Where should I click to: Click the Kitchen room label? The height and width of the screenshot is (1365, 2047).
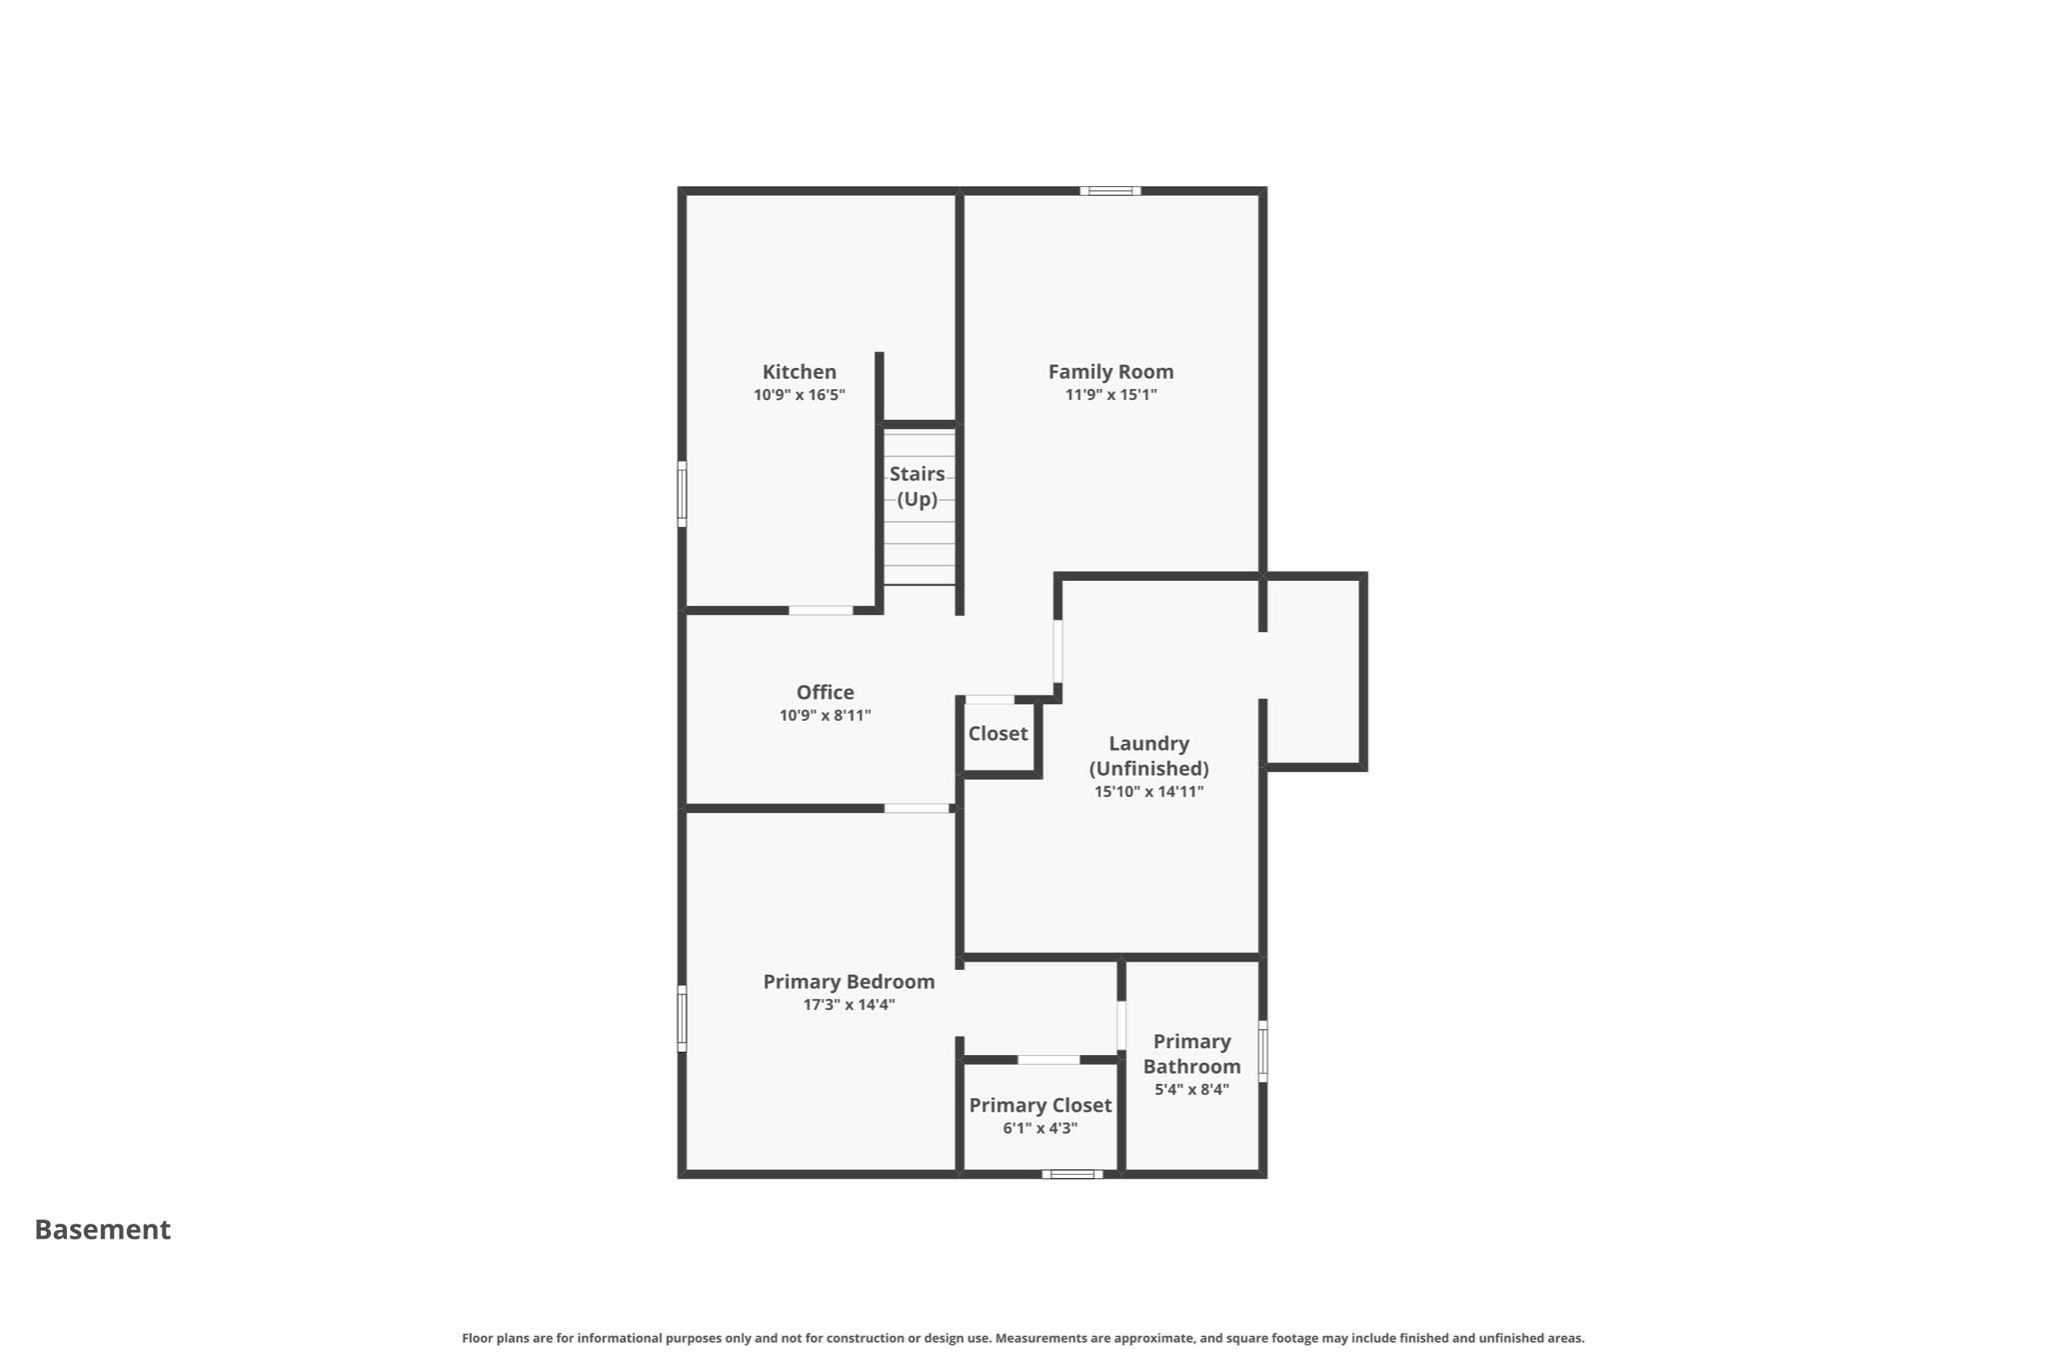[x=799, y=372]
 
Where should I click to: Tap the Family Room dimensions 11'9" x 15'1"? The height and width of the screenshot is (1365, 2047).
[x=1110, y=395]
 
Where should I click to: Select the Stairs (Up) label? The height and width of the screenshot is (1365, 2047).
[x=917, y=486]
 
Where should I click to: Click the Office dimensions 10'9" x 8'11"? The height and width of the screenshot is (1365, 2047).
[x=825, y=716]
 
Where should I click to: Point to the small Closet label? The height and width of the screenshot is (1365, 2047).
[x=998, y=734]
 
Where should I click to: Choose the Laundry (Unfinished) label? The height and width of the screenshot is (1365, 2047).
[x=1148, y=756]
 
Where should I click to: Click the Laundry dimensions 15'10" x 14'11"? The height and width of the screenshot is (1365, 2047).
[x=1148, y=792]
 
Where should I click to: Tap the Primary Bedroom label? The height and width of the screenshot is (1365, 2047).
[x=849, y=982]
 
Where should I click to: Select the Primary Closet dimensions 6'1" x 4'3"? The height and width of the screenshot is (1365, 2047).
[x=1039, y=1129]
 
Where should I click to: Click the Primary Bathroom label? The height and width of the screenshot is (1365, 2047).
[x=1191, y=1054]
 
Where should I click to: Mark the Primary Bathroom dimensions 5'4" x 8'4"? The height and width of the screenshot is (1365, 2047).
[x=1191, y=1090]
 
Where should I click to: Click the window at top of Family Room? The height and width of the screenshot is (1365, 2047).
[x=1109, y=191]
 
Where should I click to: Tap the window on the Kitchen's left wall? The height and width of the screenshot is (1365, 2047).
[x=682, y=494]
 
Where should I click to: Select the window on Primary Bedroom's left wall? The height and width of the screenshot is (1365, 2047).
[x=682, y=1018]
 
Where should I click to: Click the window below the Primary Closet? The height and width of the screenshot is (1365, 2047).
[x=1071, y=1174]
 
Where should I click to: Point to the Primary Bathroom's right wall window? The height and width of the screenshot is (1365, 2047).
[x=1262, y=1051]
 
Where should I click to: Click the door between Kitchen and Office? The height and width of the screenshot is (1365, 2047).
[x=821, y=610]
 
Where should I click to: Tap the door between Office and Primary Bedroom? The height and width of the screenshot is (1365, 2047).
[x=917, y=808]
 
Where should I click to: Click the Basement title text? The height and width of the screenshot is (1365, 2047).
[x=103, y=1230]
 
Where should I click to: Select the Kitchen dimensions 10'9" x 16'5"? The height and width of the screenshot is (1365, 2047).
[x=799, y=395]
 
